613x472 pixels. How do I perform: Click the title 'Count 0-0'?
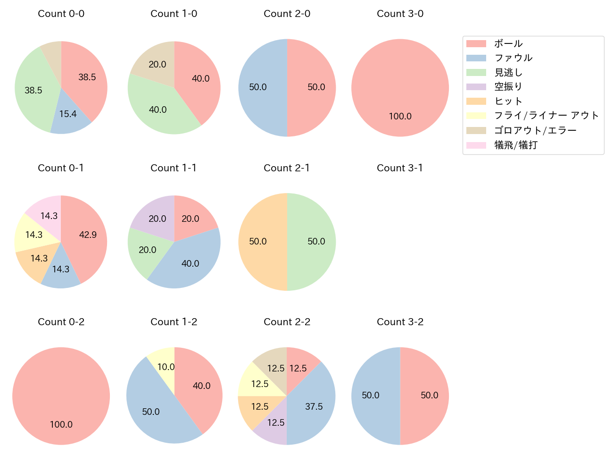[x=61, y=14]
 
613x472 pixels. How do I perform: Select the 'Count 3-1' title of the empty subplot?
[x=400, y=168]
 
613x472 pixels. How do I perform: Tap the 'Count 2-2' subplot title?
[x=287, y=322]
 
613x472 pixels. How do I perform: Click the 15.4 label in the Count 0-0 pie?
[x=68, y=114]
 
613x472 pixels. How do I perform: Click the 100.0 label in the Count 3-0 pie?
[x=400, y=116]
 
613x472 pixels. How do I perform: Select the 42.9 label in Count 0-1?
[x=88, y=235]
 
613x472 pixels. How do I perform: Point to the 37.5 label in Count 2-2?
[x=314, y=406]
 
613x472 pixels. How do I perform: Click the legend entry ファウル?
[x=513, y=58]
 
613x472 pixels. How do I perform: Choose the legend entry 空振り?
[x=508, y=87]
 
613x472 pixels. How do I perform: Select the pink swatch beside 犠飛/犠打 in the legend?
[x=476, y=145]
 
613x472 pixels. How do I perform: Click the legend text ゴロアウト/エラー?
[x=535, y=130]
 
